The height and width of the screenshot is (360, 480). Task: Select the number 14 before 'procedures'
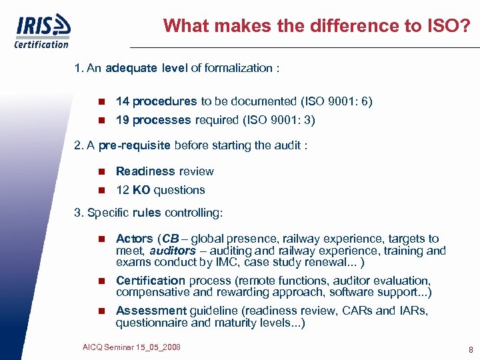pos(122,102)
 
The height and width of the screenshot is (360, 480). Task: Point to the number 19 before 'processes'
pos(122,121)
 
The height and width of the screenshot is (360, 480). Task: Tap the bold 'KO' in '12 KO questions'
pos(141,190)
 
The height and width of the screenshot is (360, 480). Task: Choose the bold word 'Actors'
pos(135,239)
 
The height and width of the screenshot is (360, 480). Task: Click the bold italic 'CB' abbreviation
pos(171,239)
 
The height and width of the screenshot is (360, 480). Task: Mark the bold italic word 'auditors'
pos(173,251)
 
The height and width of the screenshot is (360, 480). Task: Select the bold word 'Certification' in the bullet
pos(151,281)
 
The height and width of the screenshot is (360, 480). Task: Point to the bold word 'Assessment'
pos(151,311)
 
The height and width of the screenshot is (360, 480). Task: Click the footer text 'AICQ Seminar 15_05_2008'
pos(131,347)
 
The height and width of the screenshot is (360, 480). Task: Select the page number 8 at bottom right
pos(471,349)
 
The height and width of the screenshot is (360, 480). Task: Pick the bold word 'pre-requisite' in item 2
pos(135,146)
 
